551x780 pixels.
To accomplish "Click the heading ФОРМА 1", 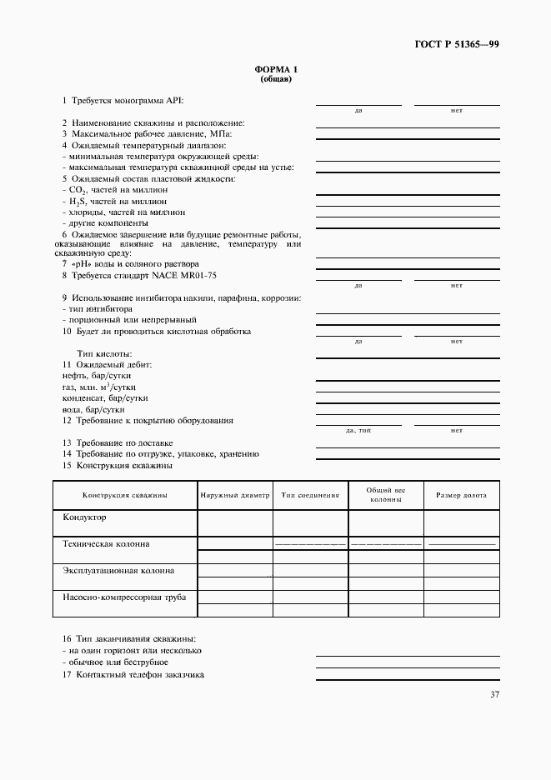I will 274,71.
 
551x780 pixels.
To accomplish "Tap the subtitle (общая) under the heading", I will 274,80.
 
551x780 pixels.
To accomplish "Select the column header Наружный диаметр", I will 235,495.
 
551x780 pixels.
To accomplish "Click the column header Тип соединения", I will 310,495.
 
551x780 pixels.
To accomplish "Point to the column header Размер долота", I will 461,495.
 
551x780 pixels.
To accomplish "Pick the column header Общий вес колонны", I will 386,495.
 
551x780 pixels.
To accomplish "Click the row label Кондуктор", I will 84,517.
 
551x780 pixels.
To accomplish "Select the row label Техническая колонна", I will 106,543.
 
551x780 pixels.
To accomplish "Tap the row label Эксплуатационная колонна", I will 118,571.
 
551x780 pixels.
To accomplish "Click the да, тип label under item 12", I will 358,430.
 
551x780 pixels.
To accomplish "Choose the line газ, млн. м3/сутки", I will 99,387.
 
